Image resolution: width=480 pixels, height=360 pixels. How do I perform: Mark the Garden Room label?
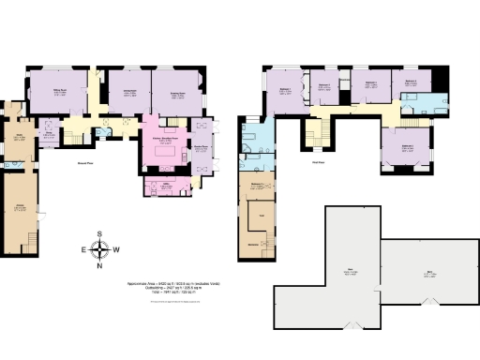[200, 147]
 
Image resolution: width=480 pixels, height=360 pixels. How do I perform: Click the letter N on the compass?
[100, 266]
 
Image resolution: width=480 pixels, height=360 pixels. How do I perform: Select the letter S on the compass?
[100, 233]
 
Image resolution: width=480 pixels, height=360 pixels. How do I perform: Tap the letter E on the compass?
[82, 249]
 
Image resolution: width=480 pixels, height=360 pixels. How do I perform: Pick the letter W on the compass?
[118, 249]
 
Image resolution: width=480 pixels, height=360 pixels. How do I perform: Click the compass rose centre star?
[100, 249]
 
